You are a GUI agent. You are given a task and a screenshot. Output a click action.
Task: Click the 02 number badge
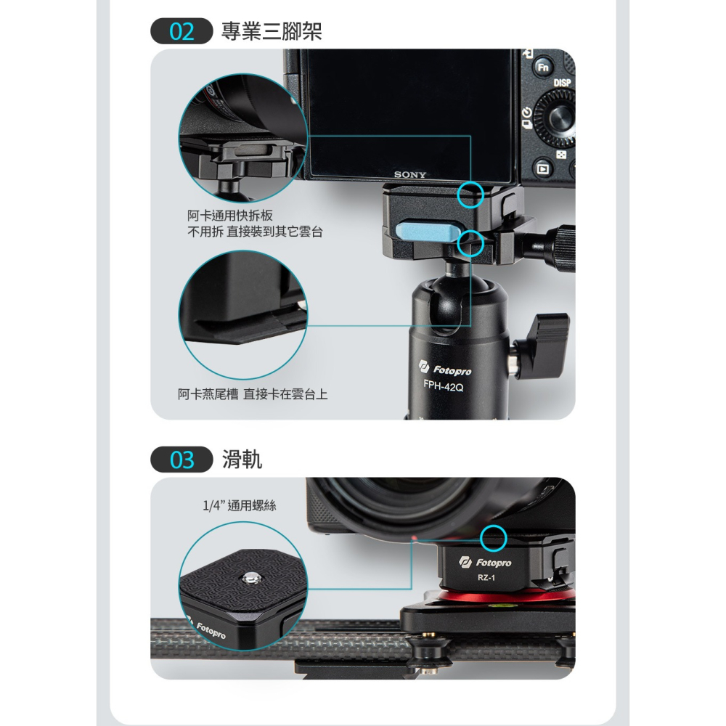[181, 33]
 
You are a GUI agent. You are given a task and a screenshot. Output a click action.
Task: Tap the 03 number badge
[181, 460]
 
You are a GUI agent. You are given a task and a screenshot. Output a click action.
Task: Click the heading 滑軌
[242, 460]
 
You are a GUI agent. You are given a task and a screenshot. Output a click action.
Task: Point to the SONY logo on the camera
[410, 175]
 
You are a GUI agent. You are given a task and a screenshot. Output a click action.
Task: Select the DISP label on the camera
[562, 83]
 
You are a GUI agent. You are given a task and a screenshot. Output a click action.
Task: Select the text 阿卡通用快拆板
[229, 216]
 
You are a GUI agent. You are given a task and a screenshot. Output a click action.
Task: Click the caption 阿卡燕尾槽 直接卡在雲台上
[253, 394]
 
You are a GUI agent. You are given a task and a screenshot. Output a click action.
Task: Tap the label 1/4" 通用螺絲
[239, 505]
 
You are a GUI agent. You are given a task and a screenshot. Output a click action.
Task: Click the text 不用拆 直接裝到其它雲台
[256, 232]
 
